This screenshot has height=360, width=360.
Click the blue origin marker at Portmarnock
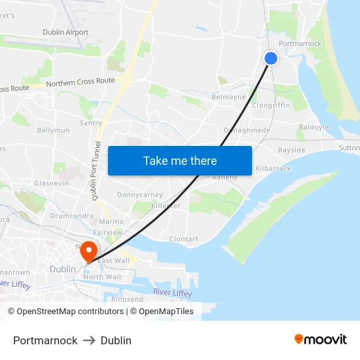coord(271,58)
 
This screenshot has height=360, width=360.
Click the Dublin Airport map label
coord(65,32)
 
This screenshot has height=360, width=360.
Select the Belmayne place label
coord(229,97)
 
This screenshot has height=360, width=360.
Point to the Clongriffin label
coord(271,105)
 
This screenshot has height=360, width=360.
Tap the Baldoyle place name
coord(314,127)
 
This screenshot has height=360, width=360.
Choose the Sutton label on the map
coord(349,148)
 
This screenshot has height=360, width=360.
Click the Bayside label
coord(291,150)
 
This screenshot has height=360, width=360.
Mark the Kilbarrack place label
coord(273,169)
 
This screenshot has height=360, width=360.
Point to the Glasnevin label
coord(51,183)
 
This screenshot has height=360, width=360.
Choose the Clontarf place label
coord(183,239)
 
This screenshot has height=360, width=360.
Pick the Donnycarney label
coord(139,195)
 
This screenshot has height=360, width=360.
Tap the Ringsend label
coord(127,300)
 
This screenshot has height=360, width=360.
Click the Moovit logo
coord(321,340)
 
